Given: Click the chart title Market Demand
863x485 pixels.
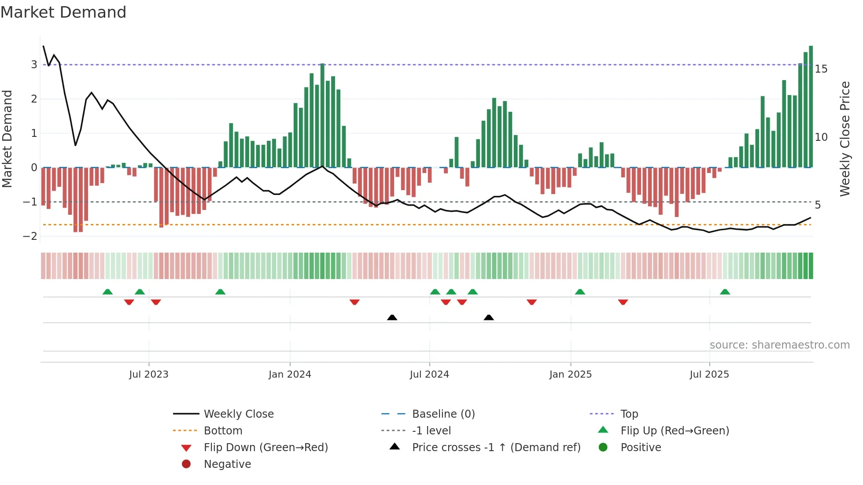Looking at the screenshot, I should (x=63, y=12).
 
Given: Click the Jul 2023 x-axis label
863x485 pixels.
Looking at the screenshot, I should (x=148, y=374).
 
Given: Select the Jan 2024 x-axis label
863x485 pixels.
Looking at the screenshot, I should (x=290, y=374).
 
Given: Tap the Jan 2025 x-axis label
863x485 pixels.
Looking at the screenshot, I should (x=570, y=374).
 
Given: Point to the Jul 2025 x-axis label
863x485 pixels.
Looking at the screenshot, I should (x=709, y=374).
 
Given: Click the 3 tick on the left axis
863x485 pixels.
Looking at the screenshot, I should (x=34, y=65).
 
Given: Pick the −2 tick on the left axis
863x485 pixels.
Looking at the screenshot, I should (x=30, y=236).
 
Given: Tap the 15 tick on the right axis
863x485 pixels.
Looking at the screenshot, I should (x=821, y=69).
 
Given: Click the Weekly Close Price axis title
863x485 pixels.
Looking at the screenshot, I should (x=845, y=139).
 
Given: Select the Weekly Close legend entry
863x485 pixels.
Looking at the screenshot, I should (x=239, y=414).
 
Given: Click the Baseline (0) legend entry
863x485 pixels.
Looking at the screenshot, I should (x=443, y=414).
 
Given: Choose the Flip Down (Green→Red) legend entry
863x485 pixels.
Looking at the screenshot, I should (x=266, y=447).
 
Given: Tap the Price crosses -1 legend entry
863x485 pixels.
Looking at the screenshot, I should (x=496, y=447).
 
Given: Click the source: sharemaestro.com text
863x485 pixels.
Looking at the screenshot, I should (x=779, y=345).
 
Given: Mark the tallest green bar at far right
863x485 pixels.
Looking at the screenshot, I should (x=811, y=106).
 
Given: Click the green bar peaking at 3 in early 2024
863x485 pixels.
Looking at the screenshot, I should (x=322, y=114).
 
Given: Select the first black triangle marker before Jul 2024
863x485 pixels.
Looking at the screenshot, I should (x=392, y=317).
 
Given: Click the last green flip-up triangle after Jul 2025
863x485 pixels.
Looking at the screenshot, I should (x=725, y=292).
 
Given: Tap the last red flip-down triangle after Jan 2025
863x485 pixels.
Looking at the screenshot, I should (x=623, y=302).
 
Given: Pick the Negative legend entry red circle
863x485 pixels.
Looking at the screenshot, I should (x=186, y=464).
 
